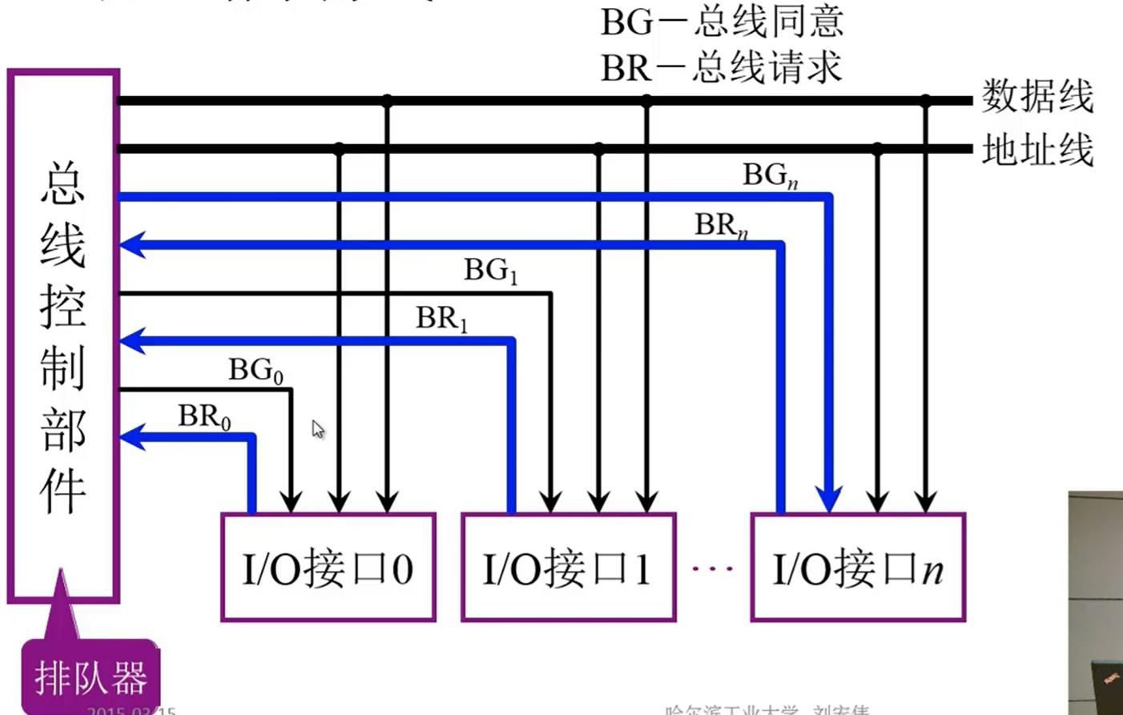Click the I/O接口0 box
pyautogui.click(x=328, y=568)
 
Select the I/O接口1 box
pyautogui.click(x=569, y=568)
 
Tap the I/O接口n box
pyautogui.click(x=858, y=568)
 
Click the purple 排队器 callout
pyautogui.click(x=91, y=677)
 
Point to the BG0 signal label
pyautogui.click(x=256, y=370)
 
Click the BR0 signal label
pyautogui.click(x=204, y=417)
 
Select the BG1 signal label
pyautogui.click(x=491, y=271)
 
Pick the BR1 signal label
pyautogui.click(x=441, y=319)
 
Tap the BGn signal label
pyautogui.click(x=770, y=175)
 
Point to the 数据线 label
pyautogui.click(x=1037, y=97)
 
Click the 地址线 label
pyautogui.click(x=1037, y=150)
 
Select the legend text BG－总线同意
pyautogui.click(x=722, y=22)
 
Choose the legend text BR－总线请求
pyautogui.click(x=722, y=67)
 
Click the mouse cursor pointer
pyautogui.click(x=318, y=429)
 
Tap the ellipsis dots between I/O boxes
pyautogui.click(x=712, y=568)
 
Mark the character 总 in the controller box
pyautogui.click(x=63, y=183)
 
